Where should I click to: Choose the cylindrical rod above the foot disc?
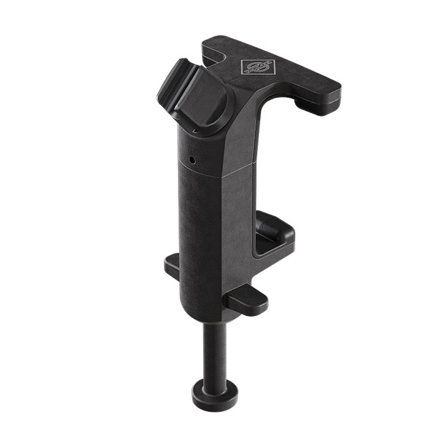(212, 350)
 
